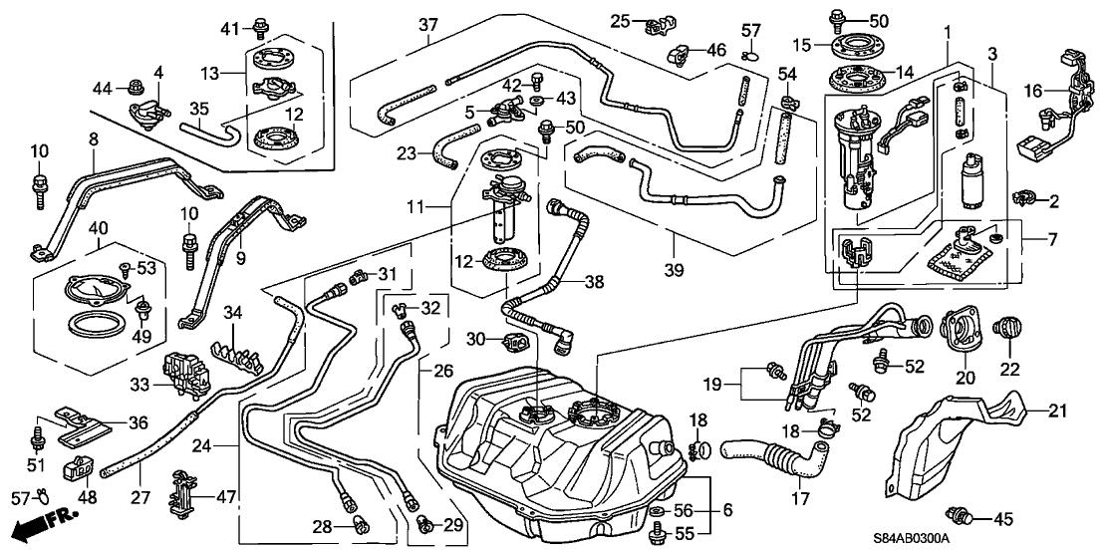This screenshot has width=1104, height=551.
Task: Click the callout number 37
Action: (428, 24)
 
